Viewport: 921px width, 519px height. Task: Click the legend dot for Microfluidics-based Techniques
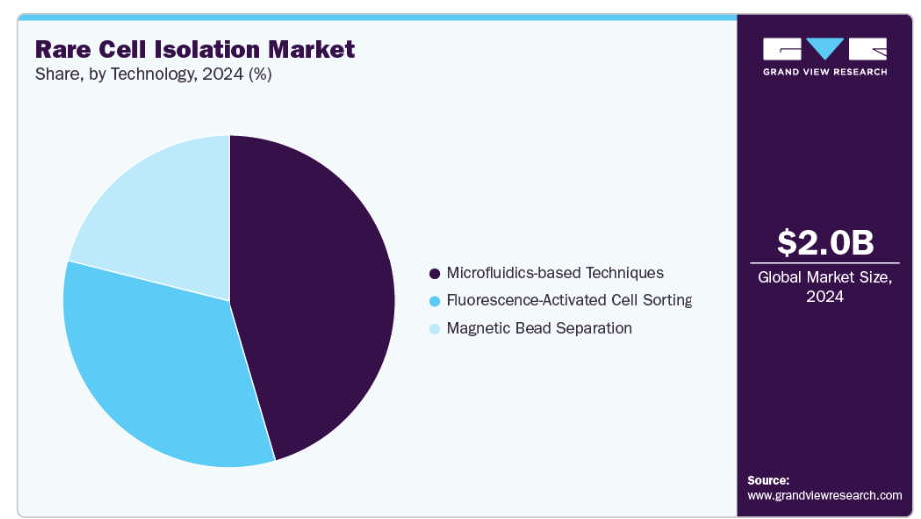pyautogui.click(x=435, y=273)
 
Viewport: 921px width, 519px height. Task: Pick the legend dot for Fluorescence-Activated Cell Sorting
pyautogui.click(x=435, y=301)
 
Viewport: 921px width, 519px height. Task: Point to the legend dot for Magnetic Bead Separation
pyautogui.click(x=435, y=329)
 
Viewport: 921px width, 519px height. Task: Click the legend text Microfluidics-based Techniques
pyautogui.click(x=555, y=273)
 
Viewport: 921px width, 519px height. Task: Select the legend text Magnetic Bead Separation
pyautogui.click(x=539, y=328)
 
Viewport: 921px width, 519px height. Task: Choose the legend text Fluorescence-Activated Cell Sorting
pyautogui.click(x=570, y=300)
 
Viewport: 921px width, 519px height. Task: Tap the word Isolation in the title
pyautogui.click(x=208, y=49)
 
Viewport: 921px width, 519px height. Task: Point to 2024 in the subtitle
pyautogui.click(x=223, y=74)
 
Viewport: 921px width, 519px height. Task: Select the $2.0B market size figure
pyautogui.click(x=825, y=243)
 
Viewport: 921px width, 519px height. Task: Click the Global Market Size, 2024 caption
pyautogui.click(x=824, y=286)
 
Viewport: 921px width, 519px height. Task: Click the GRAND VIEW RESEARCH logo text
pyautogui.click(x=825, y=72)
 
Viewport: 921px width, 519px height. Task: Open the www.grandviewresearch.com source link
pyautogui.click(x=824, y=495)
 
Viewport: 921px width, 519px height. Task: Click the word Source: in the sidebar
pyautogui.click(x=768, y=480)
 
